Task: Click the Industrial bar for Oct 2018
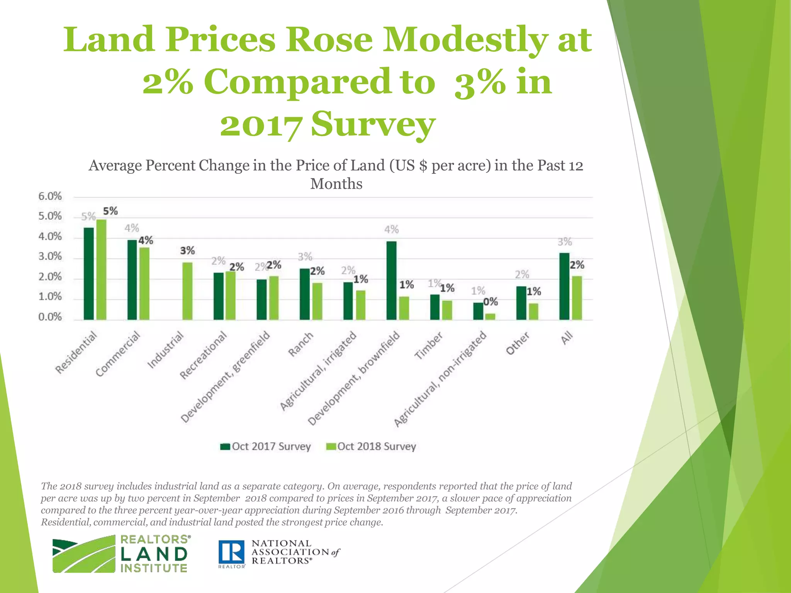pos(187,291)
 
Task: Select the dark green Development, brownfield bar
pos(391,281)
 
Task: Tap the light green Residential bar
pos(102,269)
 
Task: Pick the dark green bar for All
pos(564,286)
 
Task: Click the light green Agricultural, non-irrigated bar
pos(490,317)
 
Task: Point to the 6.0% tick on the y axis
pos(50,197)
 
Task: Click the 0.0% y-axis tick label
pos(50,317)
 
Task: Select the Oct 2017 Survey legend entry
pos(266,447)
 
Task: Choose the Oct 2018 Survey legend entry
pos(371,447)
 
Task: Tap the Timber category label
pos(428,346)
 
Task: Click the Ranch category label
pos(301,345)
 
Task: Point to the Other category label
pos(518,344)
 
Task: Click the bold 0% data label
pos(491,302)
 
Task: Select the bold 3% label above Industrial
pos(187,251)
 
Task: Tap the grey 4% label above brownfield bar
pos(391,230)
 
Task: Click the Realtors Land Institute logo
pos(120,554)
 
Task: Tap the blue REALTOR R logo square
pos(231,552)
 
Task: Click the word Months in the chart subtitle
pos(336,184)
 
